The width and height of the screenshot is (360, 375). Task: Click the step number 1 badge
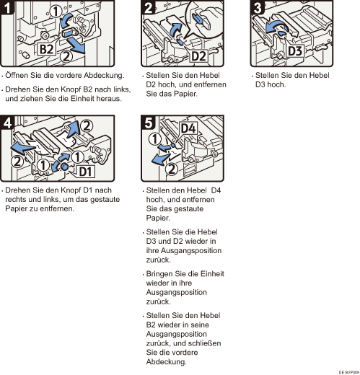(x=7, y=8)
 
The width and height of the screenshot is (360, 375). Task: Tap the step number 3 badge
(x=258, y=8)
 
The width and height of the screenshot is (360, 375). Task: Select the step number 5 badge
(x=149, y=123)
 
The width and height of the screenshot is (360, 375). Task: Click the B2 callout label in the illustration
(x=46, y=49)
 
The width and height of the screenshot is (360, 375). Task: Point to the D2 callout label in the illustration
(x=198, y=56)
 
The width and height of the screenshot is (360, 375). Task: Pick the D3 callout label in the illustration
(x=295, y=51)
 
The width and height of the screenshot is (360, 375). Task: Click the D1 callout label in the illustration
(x=86, y=172)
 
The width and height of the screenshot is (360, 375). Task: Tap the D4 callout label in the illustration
(x=188, y=128)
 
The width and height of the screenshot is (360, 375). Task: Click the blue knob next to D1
(x=64, y=167)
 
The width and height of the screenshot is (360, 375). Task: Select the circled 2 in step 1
(x=66, y=56)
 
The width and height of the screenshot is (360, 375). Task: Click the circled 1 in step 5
(x=154, y=139)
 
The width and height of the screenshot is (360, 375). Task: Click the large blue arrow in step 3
(x=276, y=27)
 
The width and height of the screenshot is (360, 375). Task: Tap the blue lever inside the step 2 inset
(x=199, y=19)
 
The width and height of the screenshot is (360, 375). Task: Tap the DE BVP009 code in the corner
(x=349, y=372)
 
